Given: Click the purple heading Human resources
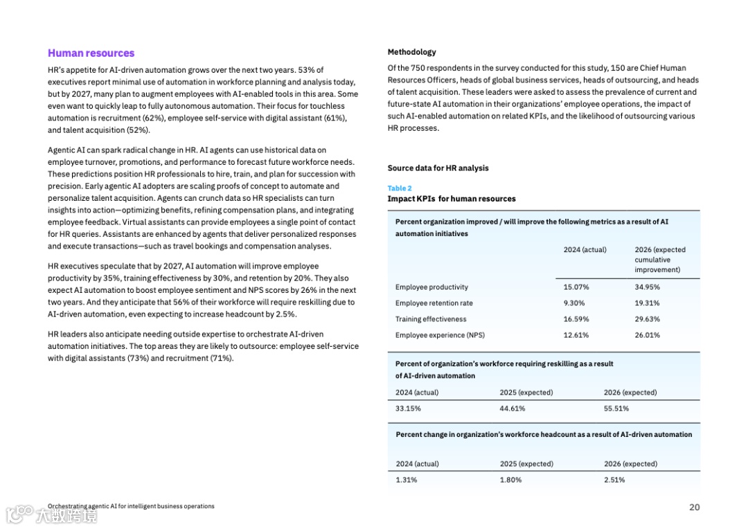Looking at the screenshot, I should point(91,53).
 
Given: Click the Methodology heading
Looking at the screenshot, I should point(412,52).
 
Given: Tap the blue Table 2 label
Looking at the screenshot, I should point(400,188).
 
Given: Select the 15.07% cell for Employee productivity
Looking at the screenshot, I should point(576,287).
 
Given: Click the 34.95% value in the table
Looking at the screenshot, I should point(647,287).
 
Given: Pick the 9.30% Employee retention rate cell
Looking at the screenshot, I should point(574,303).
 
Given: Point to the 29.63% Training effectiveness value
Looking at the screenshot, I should point(647,319).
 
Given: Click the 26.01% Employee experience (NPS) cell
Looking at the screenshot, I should point(647,335).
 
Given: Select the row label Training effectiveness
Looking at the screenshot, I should point(431,319).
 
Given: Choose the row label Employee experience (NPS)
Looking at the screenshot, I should point(440,335).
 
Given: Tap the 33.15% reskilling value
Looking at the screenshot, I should point(408,409).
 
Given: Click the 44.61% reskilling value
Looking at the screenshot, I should point(513,409).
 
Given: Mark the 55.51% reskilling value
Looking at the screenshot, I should point(616,409).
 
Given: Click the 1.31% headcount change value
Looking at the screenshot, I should point(407,480).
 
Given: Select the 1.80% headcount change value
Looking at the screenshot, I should point(511,480).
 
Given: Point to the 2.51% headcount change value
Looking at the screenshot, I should point(614,480).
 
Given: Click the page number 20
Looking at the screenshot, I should point(695,507).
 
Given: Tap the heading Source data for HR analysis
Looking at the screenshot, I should point(438,168).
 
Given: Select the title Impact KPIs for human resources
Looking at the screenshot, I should point(452,199).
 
